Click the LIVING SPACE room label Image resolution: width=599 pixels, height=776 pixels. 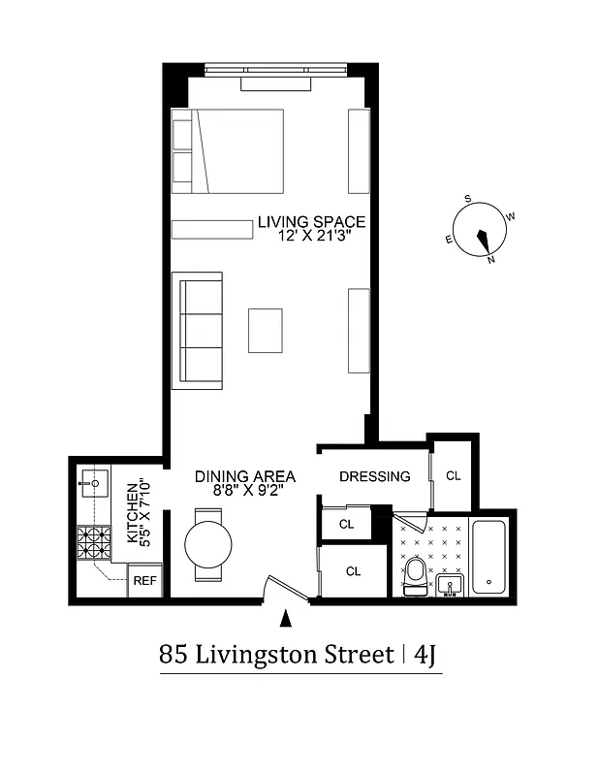click(311, 222)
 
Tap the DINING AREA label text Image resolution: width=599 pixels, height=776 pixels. click(244, 476)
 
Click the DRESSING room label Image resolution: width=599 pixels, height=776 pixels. click(374, 476)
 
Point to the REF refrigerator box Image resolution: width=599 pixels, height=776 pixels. click(144, 581)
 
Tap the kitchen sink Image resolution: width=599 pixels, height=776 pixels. click(94, 480)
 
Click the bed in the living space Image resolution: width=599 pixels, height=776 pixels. click(228, 150)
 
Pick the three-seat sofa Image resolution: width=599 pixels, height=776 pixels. click(198, 331)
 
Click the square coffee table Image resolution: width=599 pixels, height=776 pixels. click(265, 330)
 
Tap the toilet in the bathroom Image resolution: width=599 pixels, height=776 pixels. click(414, 572)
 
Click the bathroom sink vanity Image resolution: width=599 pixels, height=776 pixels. click(450, 585)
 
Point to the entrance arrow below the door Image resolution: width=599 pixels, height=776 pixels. click(285, 617)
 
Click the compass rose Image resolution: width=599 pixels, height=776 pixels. click(481, 233)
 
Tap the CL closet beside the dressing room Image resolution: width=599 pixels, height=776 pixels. click(453, 475)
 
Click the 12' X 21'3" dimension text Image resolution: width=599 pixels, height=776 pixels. click(311, 236)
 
